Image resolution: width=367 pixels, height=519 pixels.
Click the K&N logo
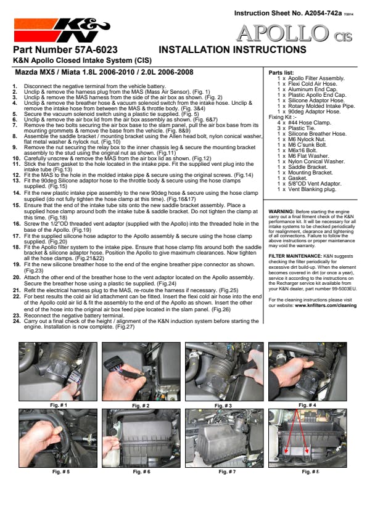(62, 30)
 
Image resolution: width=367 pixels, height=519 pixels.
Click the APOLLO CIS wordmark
(294, 34)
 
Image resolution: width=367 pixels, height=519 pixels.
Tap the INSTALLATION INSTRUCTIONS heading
(233, 50)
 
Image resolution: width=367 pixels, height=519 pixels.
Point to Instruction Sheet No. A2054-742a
(288, 13)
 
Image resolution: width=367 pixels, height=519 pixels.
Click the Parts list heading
(281, 73)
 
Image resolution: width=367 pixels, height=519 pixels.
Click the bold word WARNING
(281, 211)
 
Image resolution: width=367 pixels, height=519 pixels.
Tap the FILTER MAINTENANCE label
(295, 256)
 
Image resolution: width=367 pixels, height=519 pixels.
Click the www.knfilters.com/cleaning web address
(326, 306)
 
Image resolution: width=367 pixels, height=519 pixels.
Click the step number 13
(17, 181)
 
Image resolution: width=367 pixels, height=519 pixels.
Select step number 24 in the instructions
(17, 321)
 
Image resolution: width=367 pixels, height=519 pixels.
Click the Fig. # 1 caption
(59, 405)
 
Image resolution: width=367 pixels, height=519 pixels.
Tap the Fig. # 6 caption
(141, 472)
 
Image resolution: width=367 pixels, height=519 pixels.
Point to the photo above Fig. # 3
(225, 372)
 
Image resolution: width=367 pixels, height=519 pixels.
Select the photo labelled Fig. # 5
(58, 438)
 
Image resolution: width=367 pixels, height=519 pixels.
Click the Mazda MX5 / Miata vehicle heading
(104, 72)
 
